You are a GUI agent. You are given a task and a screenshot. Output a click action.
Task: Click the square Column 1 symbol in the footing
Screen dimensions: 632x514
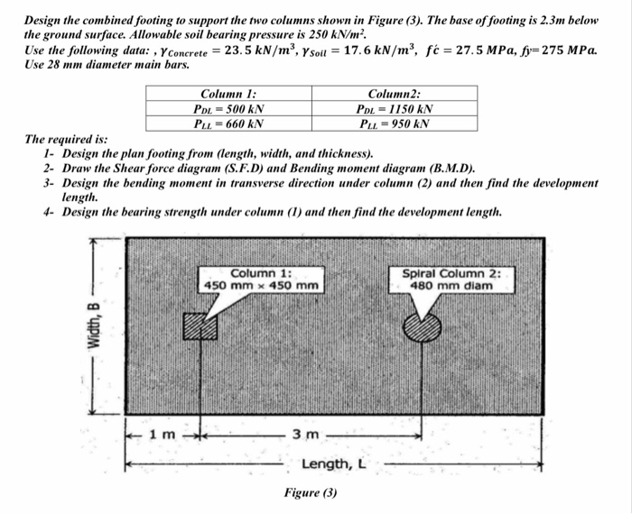[200, 326]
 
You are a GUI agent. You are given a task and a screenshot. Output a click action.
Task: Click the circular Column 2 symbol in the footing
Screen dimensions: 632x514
[421, 326]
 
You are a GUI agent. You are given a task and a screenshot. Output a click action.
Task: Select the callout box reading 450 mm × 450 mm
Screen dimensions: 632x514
[261, 280]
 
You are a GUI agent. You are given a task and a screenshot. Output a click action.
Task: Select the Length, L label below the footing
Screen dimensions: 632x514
[334, 464]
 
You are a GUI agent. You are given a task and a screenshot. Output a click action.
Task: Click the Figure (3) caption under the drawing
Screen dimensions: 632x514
[310, 493]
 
